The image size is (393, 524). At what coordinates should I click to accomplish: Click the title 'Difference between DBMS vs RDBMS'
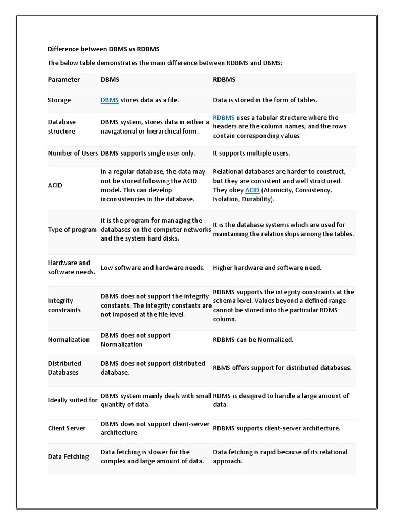103,49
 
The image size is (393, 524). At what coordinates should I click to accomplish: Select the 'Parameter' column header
64,79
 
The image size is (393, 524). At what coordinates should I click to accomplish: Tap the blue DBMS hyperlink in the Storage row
110,100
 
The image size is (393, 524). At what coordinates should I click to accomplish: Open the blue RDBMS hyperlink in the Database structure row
224,118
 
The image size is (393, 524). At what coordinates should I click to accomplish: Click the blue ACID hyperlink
252,190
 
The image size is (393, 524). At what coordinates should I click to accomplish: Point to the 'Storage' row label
59,100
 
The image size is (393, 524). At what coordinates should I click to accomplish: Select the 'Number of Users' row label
73,153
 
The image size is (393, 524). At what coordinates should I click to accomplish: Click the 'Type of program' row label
72,230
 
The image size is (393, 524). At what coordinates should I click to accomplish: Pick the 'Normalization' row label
69,340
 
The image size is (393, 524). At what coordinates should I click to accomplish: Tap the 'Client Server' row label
67,428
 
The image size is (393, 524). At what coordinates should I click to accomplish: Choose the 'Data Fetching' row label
68,456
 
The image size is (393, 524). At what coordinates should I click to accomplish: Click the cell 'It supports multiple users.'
251,153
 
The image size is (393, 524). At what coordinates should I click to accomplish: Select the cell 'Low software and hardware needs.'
152,268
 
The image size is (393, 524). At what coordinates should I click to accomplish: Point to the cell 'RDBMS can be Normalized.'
253,340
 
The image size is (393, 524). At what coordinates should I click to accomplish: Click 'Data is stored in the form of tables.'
265,100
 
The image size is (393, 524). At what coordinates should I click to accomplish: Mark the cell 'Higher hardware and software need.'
267,268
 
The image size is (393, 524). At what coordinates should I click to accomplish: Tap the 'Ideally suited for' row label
73,400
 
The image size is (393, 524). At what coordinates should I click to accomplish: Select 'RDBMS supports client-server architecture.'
276,428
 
